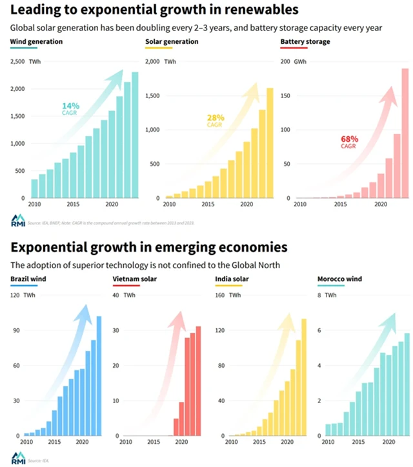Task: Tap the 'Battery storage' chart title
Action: click(305, 42)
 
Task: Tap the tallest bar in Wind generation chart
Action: click(135, 135)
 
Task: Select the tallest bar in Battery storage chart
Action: click(405, 133)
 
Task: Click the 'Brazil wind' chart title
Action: click(27, 279)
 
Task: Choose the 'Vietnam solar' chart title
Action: click(134, 279)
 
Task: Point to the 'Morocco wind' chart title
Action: click(339, 279)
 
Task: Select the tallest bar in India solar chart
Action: click(304, 377)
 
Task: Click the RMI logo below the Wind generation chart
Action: click(17, 219)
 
